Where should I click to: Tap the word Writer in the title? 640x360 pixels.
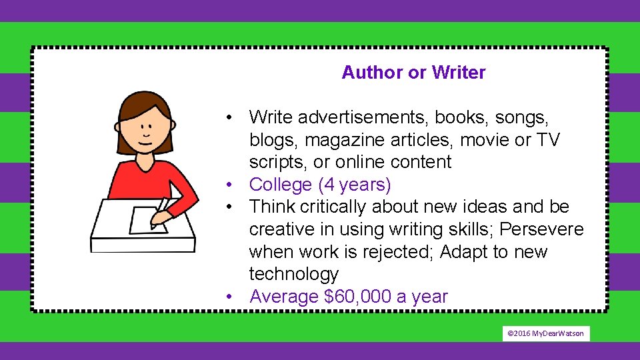point(459,73)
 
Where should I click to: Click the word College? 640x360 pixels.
point(281,185)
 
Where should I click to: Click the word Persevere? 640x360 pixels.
point(541,229)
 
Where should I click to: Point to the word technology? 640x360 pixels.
point(294,274)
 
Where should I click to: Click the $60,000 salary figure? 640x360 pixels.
point(357,297)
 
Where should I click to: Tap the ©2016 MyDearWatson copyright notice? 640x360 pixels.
point(546,333)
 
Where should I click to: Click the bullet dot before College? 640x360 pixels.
point(229,185)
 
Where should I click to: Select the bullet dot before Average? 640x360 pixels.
point(229,297)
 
